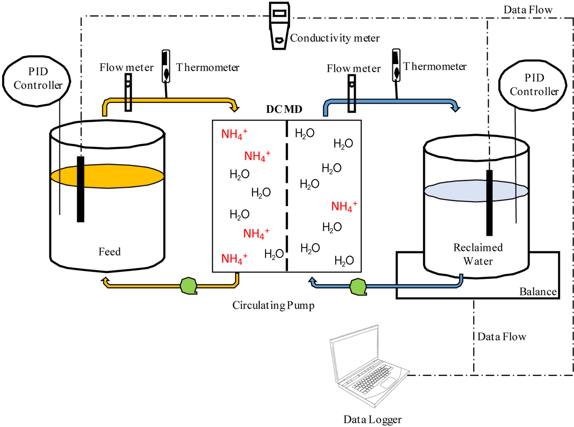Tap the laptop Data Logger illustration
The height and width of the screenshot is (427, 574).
pyautogui.click(x=367, y=367)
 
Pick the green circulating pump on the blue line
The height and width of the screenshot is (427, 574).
pyautogui.click(x=358, y=286)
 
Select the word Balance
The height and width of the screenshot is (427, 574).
pyautogui.click(x=538, y=292)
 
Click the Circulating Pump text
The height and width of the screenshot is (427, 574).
pyautogui.click(x=273, y=305)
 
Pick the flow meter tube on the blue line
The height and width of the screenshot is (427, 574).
pyautogui.click(x=352, y=94)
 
